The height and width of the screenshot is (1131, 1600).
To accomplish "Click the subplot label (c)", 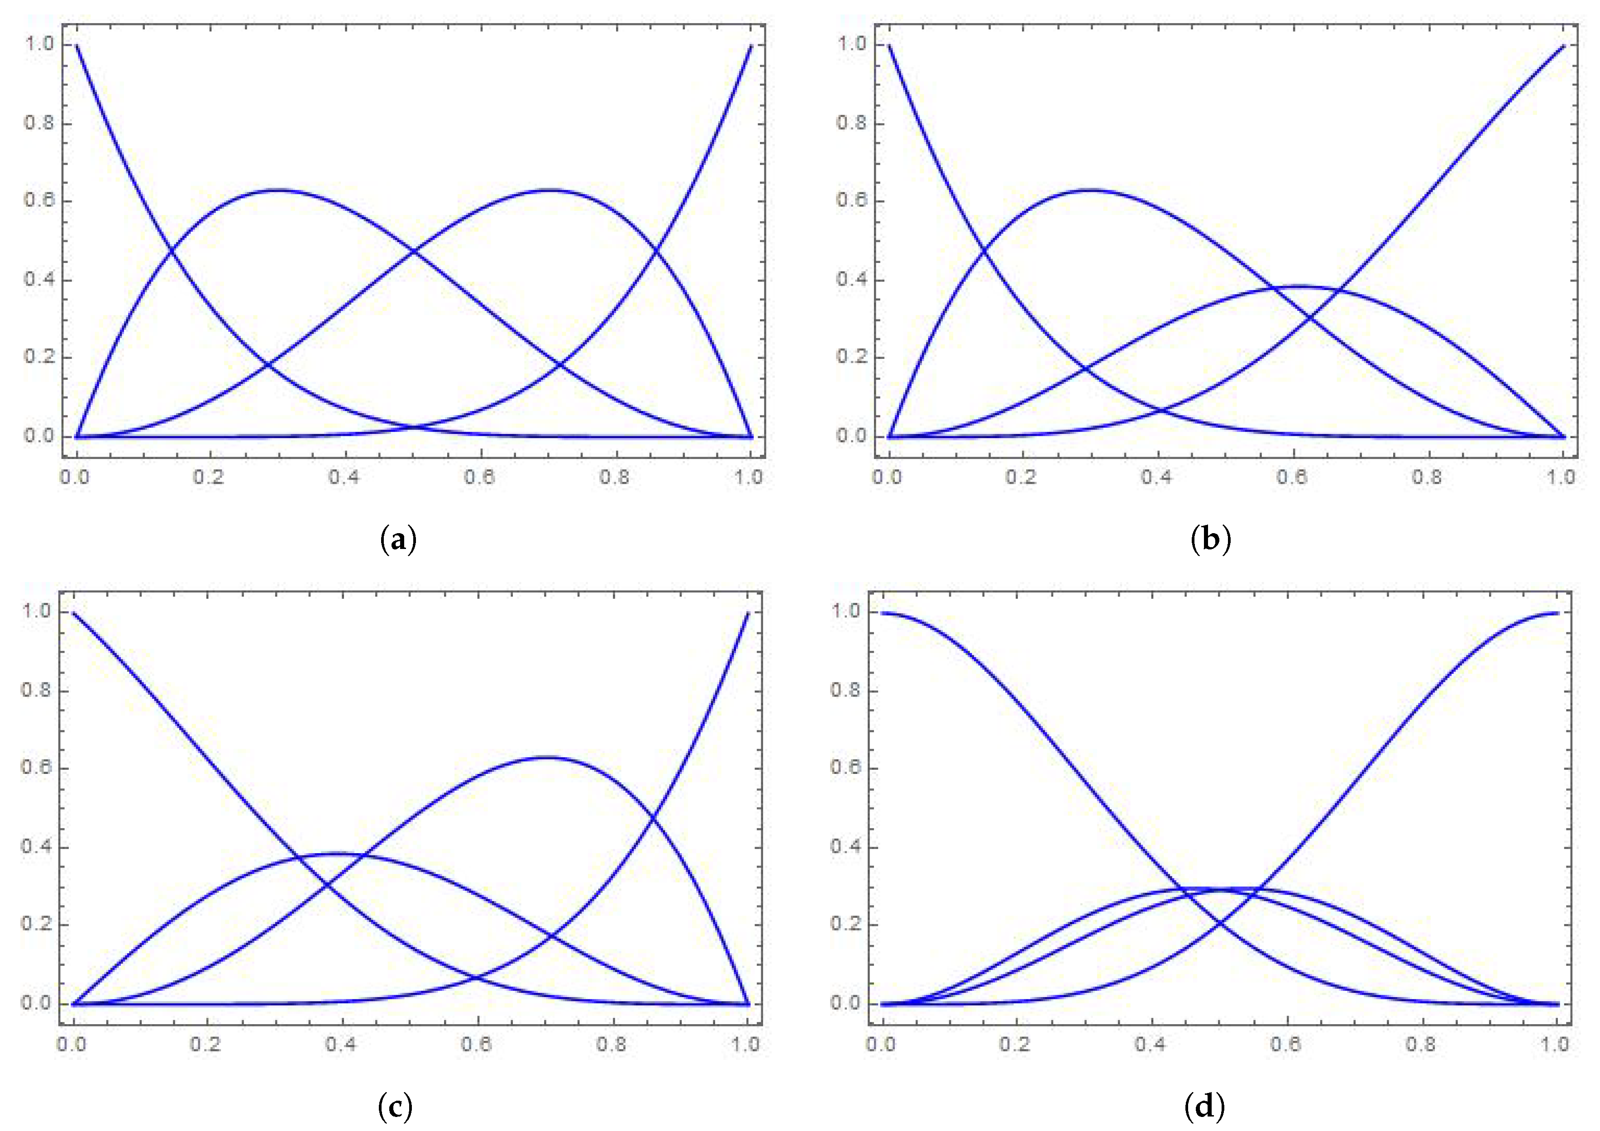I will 395,1106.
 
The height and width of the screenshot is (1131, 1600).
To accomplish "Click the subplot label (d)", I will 1204,1106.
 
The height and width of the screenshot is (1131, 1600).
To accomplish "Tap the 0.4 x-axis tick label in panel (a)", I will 344,477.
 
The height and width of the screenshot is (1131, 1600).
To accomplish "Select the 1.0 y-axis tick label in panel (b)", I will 851,44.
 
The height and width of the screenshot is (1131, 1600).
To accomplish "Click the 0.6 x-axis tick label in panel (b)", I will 1291,477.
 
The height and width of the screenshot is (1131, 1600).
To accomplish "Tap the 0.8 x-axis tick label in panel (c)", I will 611,1044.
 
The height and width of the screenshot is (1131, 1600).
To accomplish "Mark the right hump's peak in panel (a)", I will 550,190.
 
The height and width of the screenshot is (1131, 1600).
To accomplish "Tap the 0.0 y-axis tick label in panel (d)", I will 846,1003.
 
